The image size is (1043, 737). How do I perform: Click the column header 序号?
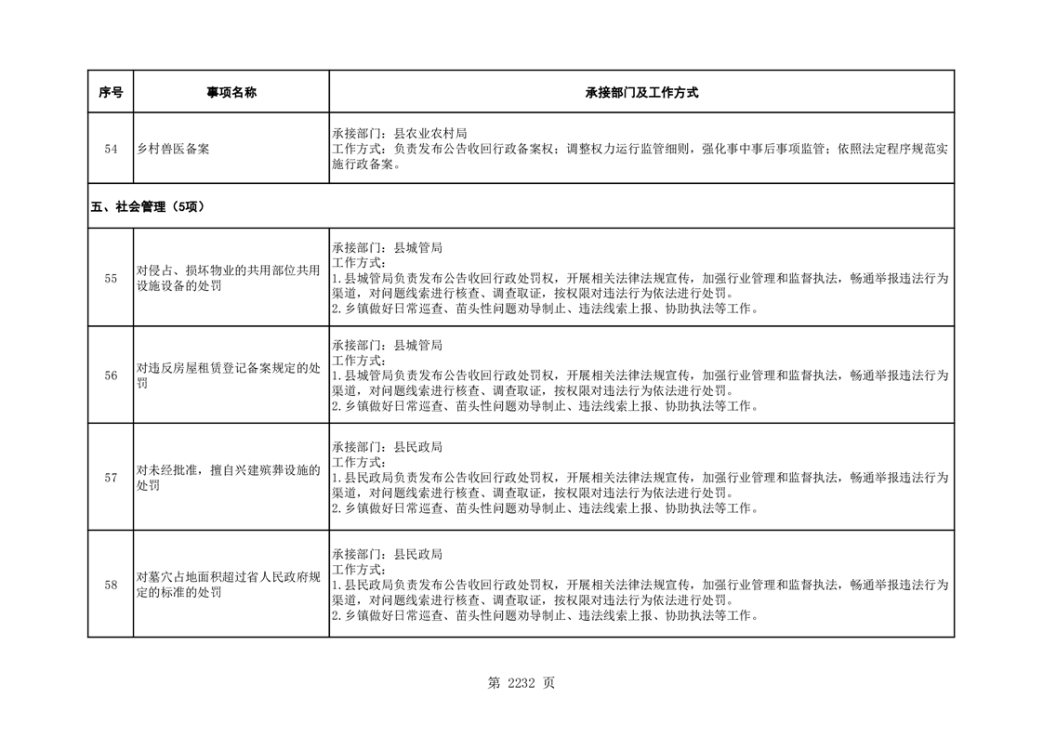click(111, 92)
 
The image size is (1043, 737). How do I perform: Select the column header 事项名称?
click(231, 92)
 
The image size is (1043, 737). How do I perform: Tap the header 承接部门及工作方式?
click(641, 92)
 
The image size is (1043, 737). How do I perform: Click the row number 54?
click(111, 149)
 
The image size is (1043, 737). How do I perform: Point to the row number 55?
click(111, 279)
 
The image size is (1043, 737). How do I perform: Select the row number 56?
click(111, 376)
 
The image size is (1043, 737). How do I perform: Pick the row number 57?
click(111, 478)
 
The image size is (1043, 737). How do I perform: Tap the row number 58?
click(111, 585)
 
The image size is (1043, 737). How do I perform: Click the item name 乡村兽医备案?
click(173, 149)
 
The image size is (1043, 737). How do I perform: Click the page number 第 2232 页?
click(521, 683)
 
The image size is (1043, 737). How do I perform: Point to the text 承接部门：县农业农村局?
click(399, 133)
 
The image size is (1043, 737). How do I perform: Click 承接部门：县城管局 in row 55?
click(387, 248)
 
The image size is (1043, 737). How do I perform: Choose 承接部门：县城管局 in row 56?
click(387, 346)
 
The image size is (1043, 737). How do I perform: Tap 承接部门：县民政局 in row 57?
click(387, 447)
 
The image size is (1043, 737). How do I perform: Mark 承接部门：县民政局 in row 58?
click(387, 554)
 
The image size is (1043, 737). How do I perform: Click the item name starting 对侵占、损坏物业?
click(229, 279)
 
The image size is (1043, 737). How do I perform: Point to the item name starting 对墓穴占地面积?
click(229, 585)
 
